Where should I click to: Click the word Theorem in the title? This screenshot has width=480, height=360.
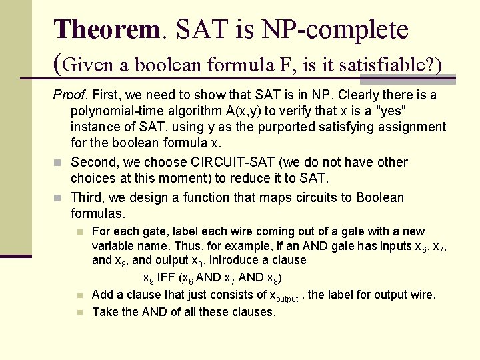click(x=107, y=29)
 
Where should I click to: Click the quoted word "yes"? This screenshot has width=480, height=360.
click(x=420, y=111)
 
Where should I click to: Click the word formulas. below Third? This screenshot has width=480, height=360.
click(x=97, y=214)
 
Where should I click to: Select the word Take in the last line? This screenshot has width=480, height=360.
click(x=105, y=311)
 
